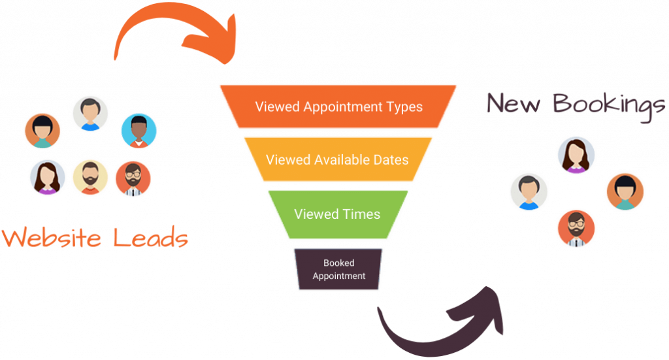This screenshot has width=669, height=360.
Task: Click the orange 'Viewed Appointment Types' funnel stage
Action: (338, 106)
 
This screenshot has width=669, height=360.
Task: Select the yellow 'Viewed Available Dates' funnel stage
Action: (338, 159)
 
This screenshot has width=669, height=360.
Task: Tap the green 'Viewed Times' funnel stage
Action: (337, 214)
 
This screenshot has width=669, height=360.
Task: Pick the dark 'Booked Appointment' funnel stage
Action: (338, 269)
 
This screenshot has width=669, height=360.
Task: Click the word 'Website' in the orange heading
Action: (52, 238)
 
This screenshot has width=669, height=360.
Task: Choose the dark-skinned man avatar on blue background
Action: (139, 131)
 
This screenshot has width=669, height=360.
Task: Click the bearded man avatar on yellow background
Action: (90, 177)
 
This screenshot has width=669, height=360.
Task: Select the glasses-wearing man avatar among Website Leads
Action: (133, 178)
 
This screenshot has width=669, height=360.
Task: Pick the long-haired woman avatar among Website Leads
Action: (47, 177)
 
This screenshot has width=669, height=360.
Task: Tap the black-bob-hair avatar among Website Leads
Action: (42, 131)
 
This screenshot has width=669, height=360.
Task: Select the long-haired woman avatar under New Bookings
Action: (576, 155)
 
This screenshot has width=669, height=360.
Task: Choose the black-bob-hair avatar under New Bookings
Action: (625, 191)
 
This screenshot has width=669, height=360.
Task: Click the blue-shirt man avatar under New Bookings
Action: (529, 191)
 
